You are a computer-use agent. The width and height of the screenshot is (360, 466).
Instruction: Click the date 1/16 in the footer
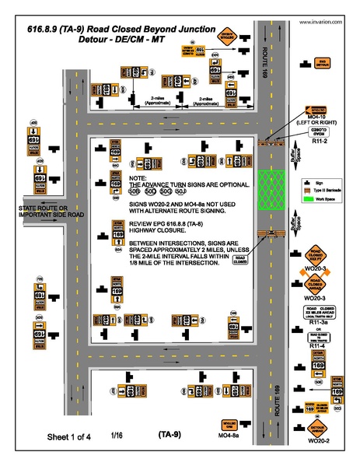click(x=117, y=435)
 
